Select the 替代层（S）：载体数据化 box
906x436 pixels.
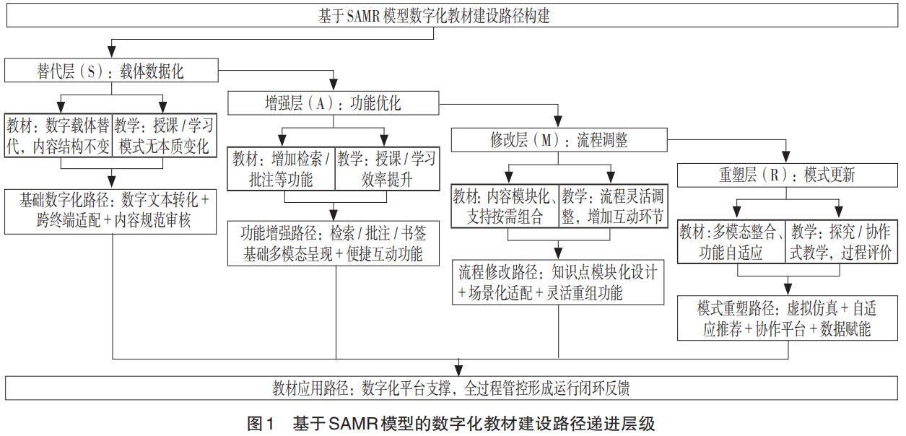(x=110, y=71)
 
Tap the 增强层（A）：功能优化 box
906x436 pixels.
(x=334, y=103)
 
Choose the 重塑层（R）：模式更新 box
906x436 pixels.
(x=788, y=175)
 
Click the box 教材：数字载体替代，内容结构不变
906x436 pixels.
(x=58, y=135)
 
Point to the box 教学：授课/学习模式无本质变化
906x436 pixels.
(x=165, y=135)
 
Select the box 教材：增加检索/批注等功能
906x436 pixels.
(x=281, y=169)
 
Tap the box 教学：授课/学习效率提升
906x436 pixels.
(x=386, y=169)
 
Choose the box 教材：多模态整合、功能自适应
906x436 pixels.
(x=731, y=242)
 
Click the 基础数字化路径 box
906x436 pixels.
(x=110, y=210)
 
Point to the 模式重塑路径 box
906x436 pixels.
(x=788, y=318)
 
